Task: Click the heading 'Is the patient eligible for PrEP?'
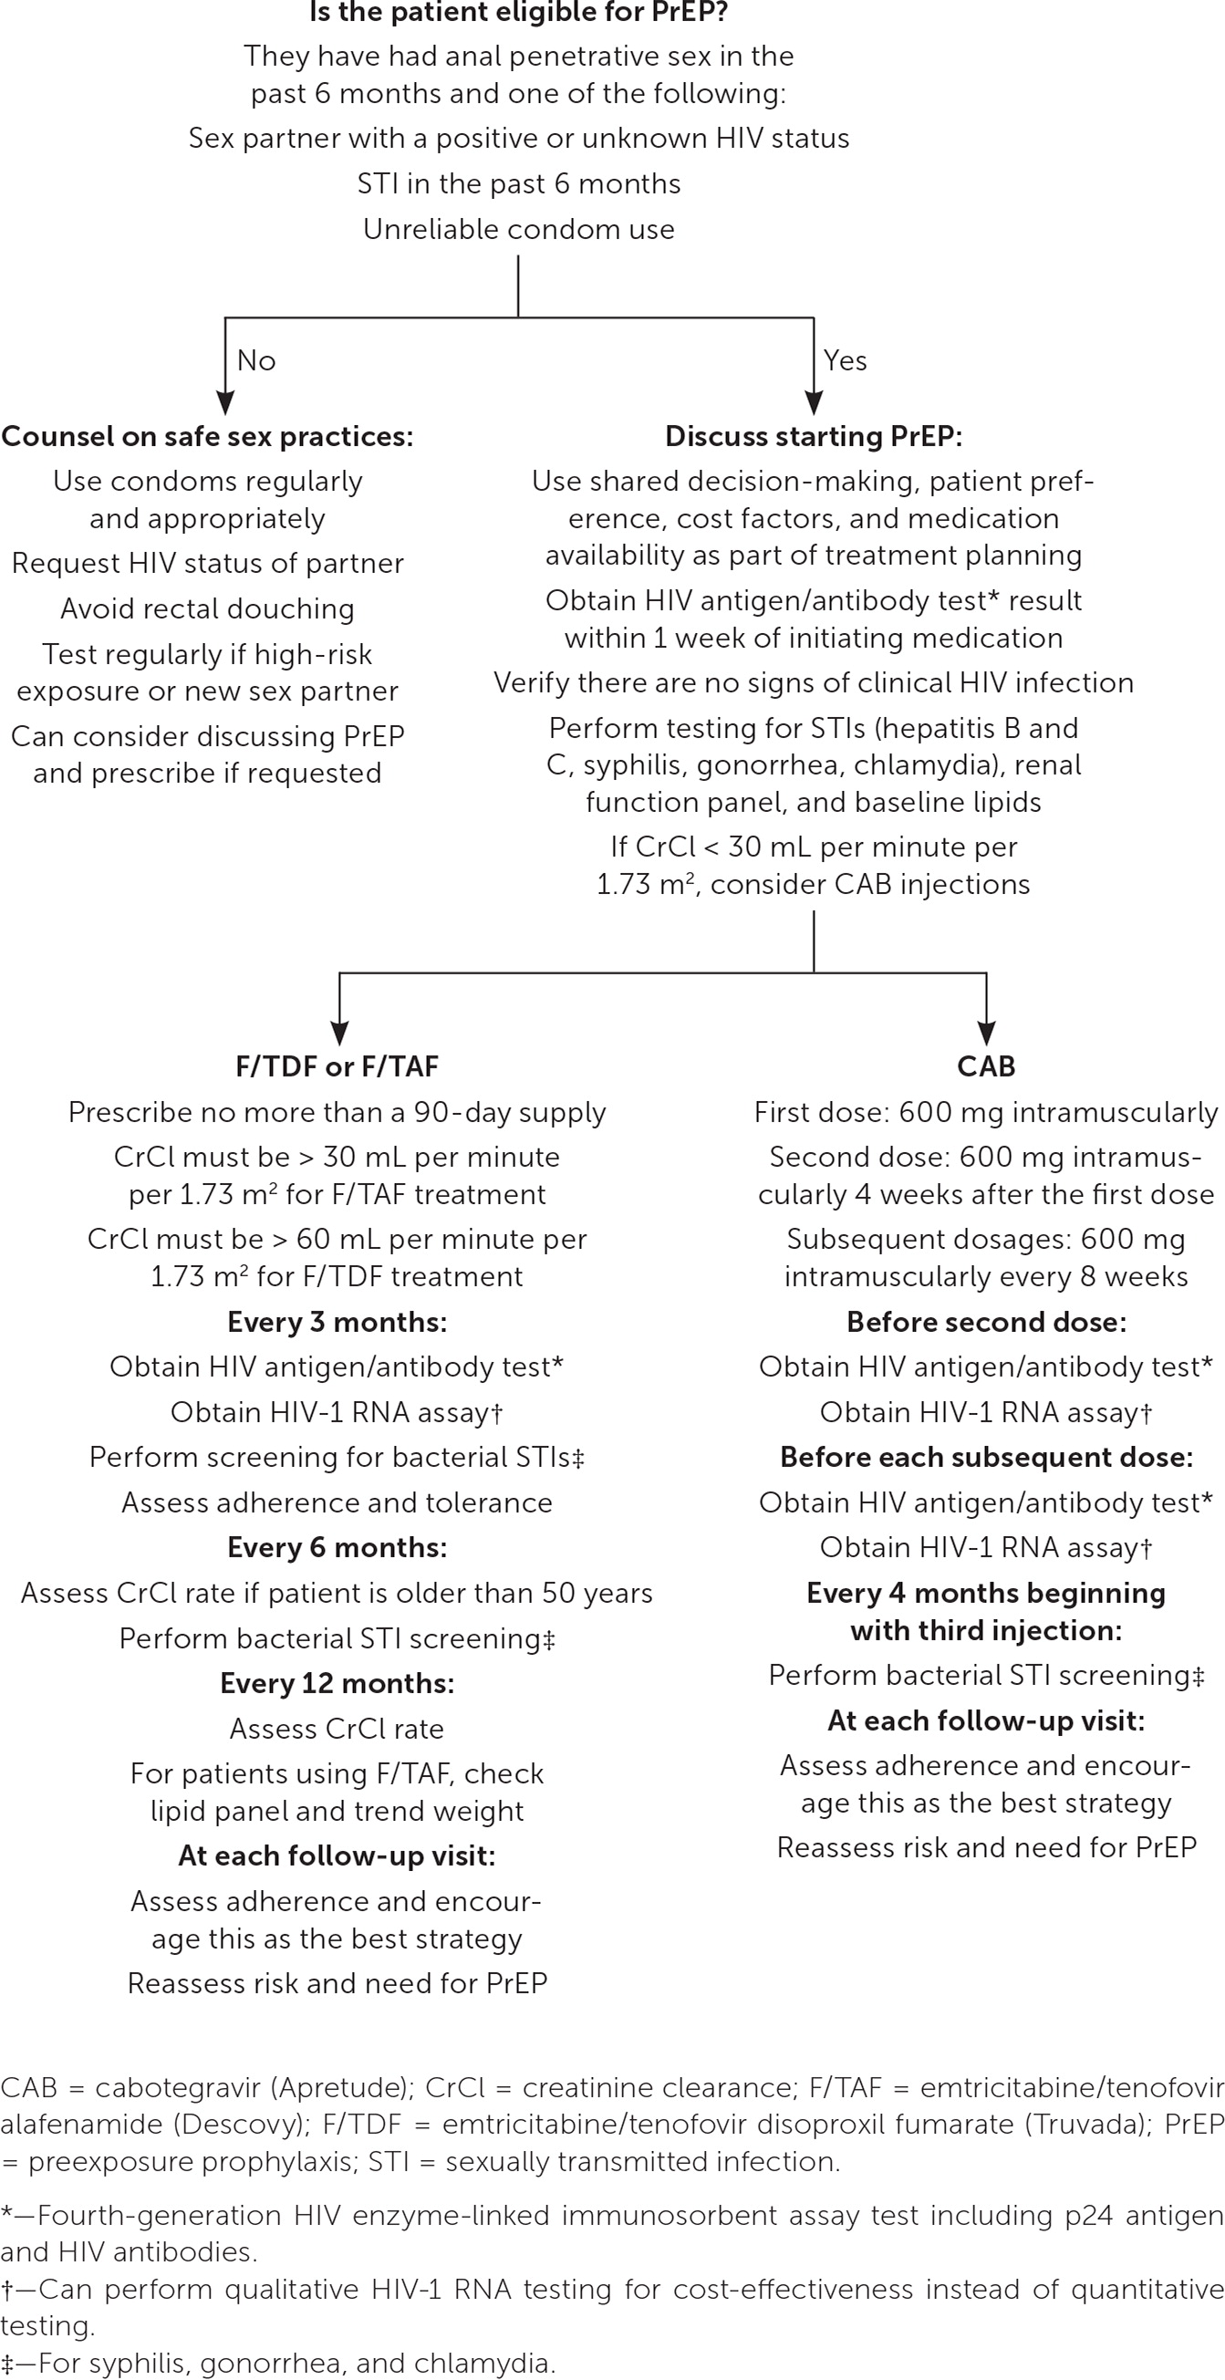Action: (518, 13)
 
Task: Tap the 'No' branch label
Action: (256, 360)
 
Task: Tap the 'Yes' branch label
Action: (845, 360)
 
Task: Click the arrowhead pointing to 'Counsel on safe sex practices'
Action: (224, 403)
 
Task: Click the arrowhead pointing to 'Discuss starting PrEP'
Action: (813, 403)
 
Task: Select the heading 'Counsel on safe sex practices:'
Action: (207, 436)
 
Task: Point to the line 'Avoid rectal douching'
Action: (207, 608)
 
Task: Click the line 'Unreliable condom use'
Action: (518, 229)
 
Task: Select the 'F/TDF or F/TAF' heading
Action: (337, 1066)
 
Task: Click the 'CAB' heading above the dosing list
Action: (986, 1066)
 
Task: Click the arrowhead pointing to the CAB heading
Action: (987, 1033)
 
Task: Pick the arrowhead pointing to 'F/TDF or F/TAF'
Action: (339, 1033)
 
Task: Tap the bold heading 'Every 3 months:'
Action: (337, 1322)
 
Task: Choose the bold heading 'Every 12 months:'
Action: (337, 1683)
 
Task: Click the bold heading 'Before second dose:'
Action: (986, 1322)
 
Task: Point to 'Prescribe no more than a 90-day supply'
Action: (337, 1112)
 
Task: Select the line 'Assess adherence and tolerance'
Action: (337, 1502)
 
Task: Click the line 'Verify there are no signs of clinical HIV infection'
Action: (813, 682)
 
